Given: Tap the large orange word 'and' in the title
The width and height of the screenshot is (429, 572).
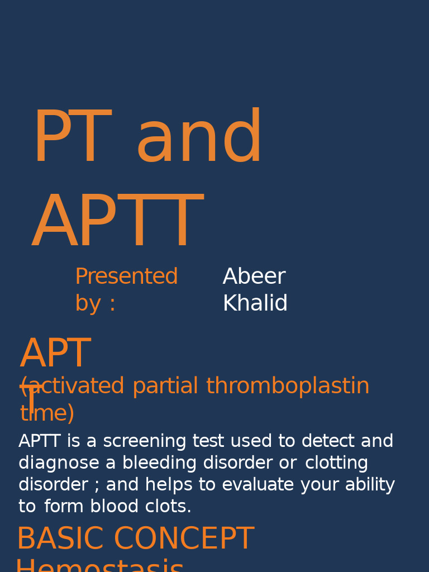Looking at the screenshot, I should (199, 139).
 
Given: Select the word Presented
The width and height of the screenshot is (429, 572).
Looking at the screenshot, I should (126, 277).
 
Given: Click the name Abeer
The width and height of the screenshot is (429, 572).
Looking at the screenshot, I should (254, 277).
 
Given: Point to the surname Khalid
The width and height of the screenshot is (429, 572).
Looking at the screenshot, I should (255, 304).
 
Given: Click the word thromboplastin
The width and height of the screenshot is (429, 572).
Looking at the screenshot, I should (288, 387).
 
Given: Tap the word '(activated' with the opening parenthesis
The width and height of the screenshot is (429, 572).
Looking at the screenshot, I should (73, 387).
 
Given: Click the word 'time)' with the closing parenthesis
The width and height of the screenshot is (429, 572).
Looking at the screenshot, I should (47, 414).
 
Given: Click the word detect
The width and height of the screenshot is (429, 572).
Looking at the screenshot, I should (328, 441).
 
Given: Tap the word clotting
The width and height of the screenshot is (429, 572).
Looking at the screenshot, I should (336, 463).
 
